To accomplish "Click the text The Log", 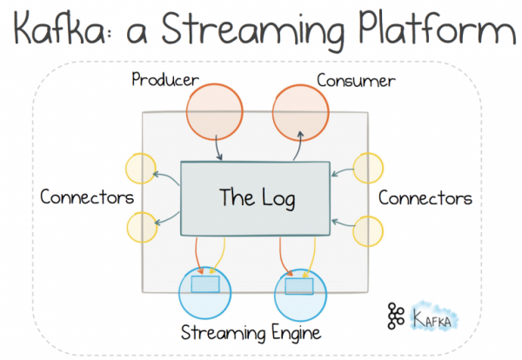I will coord(257,197).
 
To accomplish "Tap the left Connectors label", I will coord(86,197).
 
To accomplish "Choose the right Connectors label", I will coord(425,197).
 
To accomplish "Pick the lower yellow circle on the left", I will coord(142,226).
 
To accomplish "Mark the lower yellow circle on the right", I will coord(369,229).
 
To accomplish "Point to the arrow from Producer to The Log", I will coord(217,148).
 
